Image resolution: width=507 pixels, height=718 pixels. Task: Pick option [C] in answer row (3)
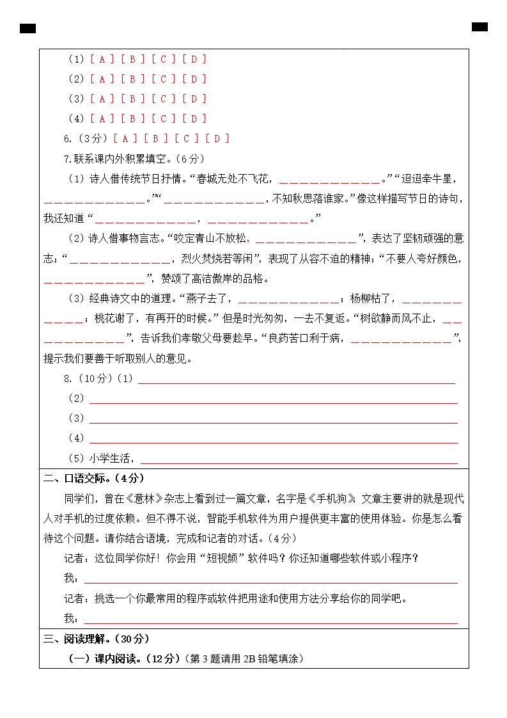point(164,99)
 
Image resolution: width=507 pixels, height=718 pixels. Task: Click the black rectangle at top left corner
point(27,29)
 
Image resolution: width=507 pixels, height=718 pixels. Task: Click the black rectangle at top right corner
point(480,27)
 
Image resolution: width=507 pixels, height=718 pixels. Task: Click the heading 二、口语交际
point(93,479)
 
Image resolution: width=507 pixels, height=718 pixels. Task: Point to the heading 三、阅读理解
point(96,639)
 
